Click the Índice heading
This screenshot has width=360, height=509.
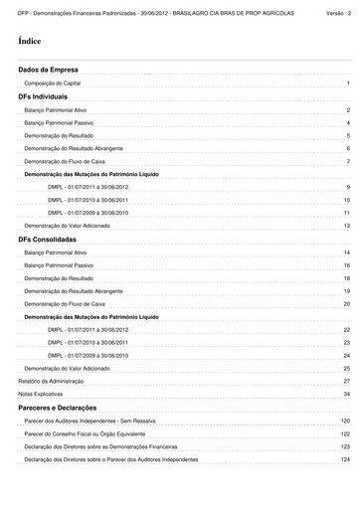tap(30, 41)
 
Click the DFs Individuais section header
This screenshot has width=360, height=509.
tap(43, 98)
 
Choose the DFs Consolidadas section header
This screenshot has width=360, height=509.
tap(49, 240)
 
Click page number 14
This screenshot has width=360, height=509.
tap(347, 254)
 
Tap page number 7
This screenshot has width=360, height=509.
tap(348, 161)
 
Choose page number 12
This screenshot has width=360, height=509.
tap(347, 226)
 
